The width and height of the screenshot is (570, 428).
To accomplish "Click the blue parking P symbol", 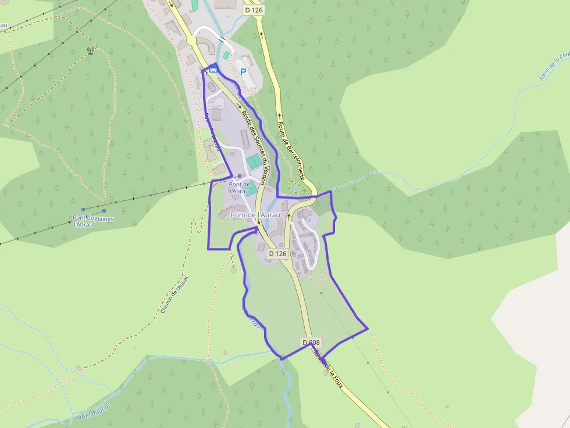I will click(243, 72).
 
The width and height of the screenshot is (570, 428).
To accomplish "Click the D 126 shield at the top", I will click(254, 10).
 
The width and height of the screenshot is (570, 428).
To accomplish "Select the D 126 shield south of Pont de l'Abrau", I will click(277, 254).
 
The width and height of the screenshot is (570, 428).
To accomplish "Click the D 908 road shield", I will click(311, 343).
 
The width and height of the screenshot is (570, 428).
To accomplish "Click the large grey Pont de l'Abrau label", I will click(255, 215).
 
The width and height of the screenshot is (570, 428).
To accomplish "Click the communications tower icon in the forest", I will click(90, 50).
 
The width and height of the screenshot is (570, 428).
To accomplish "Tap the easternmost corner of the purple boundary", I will click(368, 329).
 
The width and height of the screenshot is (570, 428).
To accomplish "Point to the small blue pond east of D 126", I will click(309, 220).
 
